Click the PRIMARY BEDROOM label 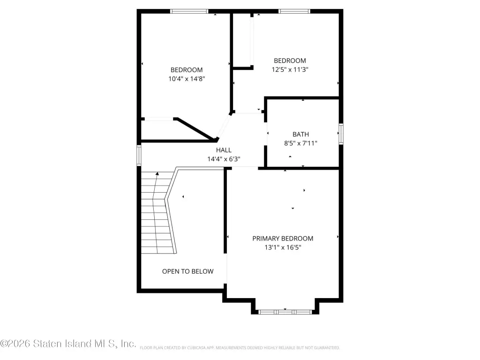coord(283,239)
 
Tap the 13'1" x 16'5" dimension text coord(283,247)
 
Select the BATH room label coord(300,134)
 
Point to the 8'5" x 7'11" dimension coord(300,143)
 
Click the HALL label coord(224,150)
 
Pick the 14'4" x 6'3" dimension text coord(224,159)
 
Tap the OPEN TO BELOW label coord(187,271)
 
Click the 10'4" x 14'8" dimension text coord(187,79)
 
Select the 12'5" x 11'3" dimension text coord(290,69)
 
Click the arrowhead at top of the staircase coord(157,173)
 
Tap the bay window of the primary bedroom coord(285,312)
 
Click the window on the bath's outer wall coord(341,134)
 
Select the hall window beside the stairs coord(139,156)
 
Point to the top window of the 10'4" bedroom coord(189,11)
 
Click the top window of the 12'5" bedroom coord(294,11)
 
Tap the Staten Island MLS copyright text coord(68,344)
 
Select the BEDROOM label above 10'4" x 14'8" coord(187,70)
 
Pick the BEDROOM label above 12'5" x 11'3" coord(290,60)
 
